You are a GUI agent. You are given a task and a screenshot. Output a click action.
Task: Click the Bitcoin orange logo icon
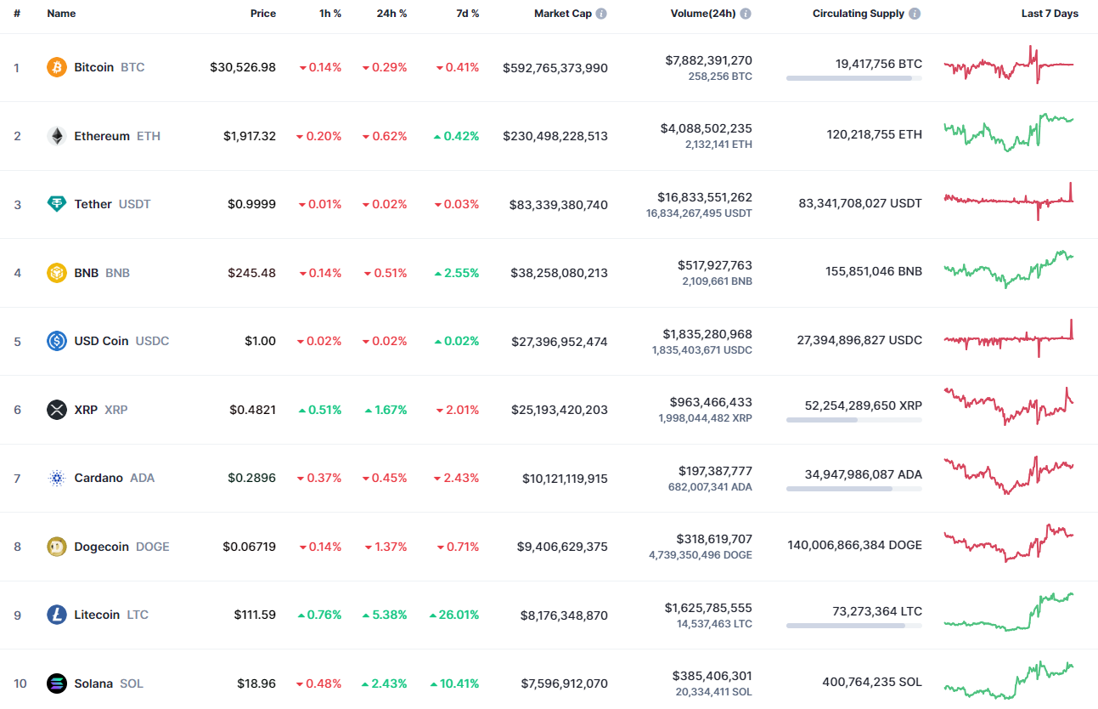[x=57, y=67]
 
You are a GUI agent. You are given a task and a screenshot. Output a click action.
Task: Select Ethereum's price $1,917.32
[x=250, y=136]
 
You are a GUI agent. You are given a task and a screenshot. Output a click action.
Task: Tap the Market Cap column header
[x=562, y=14]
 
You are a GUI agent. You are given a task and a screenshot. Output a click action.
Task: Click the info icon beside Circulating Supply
[x=915, y=14]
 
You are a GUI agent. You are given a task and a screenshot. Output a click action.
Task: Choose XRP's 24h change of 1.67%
[x=386, y=410]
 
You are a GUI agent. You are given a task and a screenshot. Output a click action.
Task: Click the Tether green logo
[x=57, y=204]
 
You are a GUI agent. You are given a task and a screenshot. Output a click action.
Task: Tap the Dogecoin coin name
[x=101, y=547]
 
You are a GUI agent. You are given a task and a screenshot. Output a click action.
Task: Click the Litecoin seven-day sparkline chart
[x=1009, y=612]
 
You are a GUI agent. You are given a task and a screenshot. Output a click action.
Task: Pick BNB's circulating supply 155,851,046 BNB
[x=874, y=272]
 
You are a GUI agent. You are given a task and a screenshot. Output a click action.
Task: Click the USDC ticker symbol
[x=153, y=341]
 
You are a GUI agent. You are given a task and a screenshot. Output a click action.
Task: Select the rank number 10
[x=20, y=683]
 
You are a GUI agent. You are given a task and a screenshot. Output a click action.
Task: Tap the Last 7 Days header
[x=1050, y=14]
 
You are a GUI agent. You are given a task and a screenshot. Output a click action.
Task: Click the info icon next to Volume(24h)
[x=746, y=14]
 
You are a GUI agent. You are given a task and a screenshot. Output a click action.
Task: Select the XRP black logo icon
[x=57, y=410]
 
